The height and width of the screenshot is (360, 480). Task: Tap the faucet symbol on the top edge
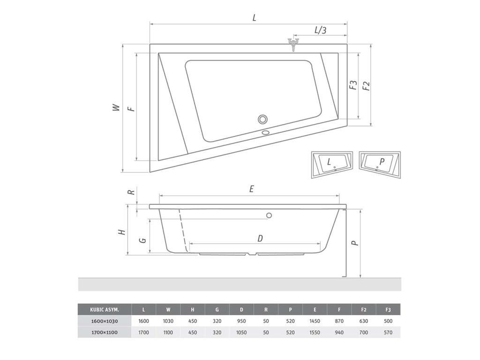pos(293,45)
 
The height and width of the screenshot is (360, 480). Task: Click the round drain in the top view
pos(262,119)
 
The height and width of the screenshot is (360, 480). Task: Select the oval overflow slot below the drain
pos(265,133)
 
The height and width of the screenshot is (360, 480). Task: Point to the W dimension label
pos(116,107)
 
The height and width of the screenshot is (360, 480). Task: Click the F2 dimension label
pos(366,86)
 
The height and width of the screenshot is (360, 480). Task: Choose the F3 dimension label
pos(353,85)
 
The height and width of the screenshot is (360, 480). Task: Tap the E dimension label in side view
pos(252,189)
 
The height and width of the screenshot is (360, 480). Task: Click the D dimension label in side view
pos(260,238)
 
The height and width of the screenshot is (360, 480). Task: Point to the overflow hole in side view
pos(269,216)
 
